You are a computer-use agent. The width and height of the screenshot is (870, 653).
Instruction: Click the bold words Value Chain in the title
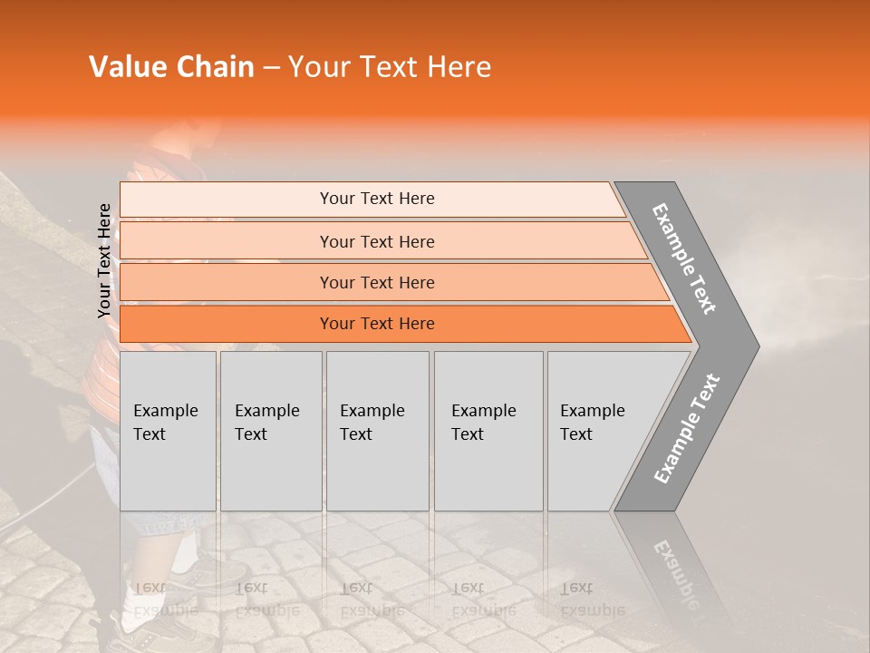click(x=171, y=67)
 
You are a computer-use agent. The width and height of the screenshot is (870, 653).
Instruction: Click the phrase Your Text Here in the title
click(x=390, y=67)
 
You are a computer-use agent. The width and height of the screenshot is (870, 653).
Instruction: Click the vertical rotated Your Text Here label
click(x=104, y=260)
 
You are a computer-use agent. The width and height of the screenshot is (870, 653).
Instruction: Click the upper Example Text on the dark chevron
click(x=684, y=258)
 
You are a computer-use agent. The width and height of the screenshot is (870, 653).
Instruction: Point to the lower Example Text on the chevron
click(x=687, y=429)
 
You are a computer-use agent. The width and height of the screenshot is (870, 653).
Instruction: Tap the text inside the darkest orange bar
click(x=377, y=324)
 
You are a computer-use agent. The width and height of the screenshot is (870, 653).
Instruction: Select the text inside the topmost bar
click(x=377, y=199)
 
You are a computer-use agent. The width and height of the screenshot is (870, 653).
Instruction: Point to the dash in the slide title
click(x=270, y=68)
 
